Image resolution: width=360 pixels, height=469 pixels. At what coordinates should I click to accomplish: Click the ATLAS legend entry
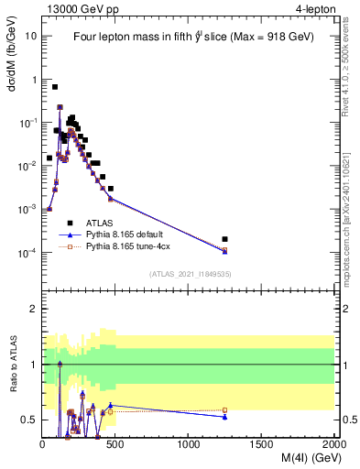[100, 223]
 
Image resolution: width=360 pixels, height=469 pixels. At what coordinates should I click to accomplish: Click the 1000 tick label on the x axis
[189, 444]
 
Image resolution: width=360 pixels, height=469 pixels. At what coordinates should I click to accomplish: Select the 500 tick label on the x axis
[115, 444]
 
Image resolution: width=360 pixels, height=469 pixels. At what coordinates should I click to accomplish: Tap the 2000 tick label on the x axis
[334, 444]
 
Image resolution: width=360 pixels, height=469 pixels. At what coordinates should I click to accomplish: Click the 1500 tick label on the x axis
[262, 444]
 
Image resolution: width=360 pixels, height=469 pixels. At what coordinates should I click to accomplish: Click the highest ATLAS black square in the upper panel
[55, 87]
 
